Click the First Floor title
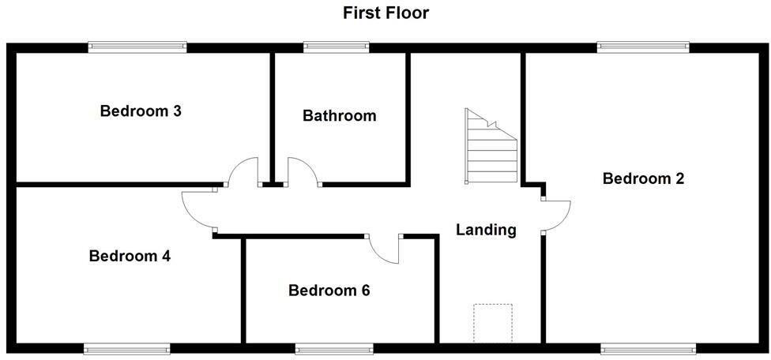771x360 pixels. point(386,13)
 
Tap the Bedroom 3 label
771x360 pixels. point(141,111)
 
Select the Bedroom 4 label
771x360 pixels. point(130,257)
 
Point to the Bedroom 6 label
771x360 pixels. point(329,291)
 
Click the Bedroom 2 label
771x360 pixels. point(643,178)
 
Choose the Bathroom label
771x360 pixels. point(340,116)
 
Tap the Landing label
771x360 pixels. point(486,230)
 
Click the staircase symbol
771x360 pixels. point(491,146)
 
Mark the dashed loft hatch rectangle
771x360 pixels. point(492,322)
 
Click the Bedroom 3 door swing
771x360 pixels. point(245,171)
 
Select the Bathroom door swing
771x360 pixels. point(302,171)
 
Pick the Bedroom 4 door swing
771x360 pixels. point(197,211)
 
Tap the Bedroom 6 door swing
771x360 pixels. point(387,249)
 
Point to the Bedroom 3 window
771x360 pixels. point(137,47)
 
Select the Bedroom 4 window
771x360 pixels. point(127,348)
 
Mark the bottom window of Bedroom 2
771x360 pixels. point(649,348)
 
